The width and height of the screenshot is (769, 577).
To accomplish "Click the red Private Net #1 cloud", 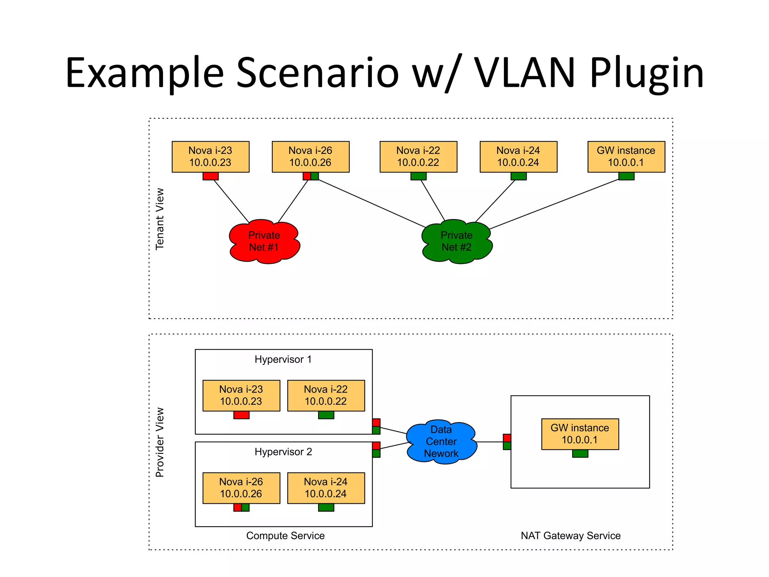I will pyautogui.click(x=264, y=241).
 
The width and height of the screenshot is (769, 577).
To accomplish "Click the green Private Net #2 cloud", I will pyautogui.click(x=456, y=241).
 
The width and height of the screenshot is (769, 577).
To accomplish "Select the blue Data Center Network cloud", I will pyautogui.click(x=441, y=441).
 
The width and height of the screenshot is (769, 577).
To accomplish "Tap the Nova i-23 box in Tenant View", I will pyautogui.click(x=210, y=157).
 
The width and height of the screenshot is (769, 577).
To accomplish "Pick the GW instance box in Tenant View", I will pyautogui.click(x=626, y=157).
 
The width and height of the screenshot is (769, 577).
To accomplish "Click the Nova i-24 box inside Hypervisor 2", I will pyautogui.click(x=326, y=488).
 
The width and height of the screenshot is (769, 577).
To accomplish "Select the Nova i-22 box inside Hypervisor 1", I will pyautogui.click(x=326, y=395).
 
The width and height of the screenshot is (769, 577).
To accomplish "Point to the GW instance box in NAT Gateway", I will pyautogui.click(x=580, y=434).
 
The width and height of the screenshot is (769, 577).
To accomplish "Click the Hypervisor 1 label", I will pyautogui.click(x=283, y=359).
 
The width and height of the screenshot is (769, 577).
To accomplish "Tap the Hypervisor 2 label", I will pyautogui.click(x=283, y=452).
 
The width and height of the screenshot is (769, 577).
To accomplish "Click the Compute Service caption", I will pyautogui.click(x=285, y=536).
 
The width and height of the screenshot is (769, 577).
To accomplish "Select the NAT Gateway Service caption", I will pyautogui.click(x=570, y=536).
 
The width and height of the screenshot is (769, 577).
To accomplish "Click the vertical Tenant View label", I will pyautogui.click(x=160, y=219).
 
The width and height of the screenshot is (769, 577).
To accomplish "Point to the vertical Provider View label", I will pyautogui.click(x=160, y=442).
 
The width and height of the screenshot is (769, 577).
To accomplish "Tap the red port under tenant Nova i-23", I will pyautogui.click(x=210, y=176).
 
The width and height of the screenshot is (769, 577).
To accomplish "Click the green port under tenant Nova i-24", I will pyautogui.click(x=518, y=176).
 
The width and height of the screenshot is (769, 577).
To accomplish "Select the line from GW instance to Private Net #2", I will pyautogui.click(x=554, y=204).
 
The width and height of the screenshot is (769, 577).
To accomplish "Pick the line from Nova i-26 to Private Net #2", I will pyautogui.click(x=372, y=204).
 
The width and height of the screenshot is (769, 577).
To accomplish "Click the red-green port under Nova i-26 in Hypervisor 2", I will pyautogui.click(x=241, y=508).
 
